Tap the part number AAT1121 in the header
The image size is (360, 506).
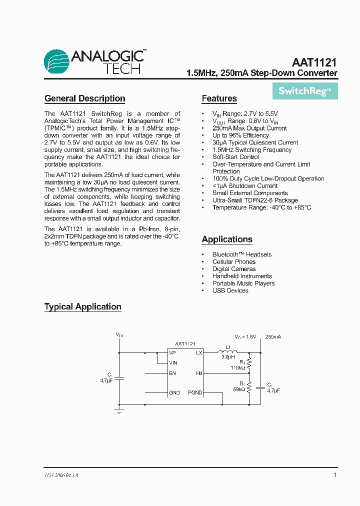click(314, 62)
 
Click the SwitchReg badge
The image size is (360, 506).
click(304, 91)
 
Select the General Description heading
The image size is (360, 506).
click(84, 98)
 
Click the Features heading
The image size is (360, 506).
click(219, 98)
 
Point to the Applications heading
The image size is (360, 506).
click(227, 239)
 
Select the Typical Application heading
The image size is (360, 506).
click(82, 307)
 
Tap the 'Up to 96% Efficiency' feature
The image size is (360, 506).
click(240, 135)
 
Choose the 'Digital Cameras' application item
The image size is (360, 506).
click(234, 269)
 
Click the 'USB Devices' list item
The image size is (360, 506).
click(230, 290)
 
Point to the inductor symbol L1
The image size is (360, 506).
click(227, 352)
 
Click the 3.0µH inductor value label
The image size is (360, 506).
click(228, 357)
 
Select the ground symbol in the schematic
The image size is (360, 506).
click(119, 411)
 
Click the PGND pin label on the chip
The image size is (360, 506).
click(195, 393)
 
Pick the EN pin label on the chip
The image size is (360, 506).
click(172, 373)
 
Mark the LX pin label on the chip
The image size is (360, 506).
click(199, 353)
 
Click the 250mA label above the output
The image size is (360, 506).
click(273, 337)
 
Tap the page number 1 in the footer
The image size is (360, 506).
click(334, 475)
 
